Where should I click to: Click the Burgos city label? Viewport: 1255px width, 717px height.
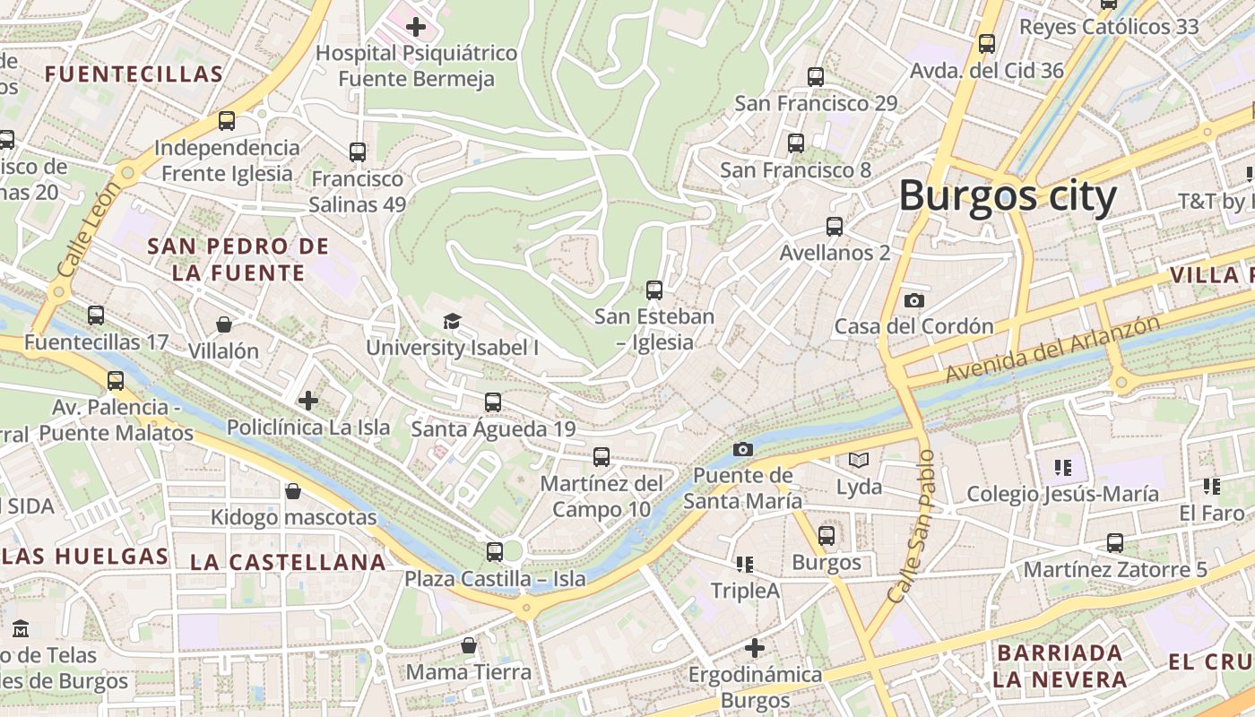coord(1008,196)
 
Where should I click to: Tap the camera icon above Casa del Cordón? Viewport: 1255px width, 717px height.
coord(914,300)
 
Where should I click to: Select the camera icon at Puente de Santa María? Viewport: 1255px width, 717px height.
coord(743,449)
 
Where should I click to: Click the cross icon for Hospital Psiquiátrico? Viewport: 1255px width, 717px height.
coord(416,27)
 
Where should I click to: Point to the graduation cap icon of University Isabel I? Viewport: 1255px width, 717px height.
coord(452,321)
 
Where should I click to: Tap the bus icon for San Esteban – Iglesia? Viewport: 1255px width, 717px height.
coord(654,289)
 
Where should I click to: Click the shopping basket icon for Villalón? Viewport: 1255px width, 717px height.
coord(224,324)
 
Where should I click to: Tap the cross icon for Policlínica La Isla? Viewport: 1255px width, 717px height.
coord(308,401)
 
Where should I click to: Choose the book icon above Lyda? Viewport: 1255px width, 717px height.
coord(859,461)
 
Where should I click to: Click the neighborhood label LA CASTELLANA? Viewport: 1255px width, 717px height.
coord(288,563)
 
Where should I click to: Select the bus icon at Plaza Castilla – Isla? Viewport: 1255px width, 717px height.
coord(495,551)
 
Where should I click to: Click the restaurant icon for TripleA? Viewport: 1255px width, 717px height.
coord(745,564)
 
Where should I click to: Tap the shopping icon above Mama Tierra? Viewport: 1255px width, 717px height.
coord(468,645)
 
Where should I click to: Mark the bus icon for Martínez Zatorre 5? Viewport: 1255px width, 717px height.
coord(1115,542)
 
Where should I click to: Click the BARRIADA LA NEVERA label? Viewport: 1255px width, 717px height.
coord(1059,665)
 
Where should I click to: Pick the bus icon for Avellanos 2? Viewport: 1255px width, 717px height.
coord(835,226)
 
